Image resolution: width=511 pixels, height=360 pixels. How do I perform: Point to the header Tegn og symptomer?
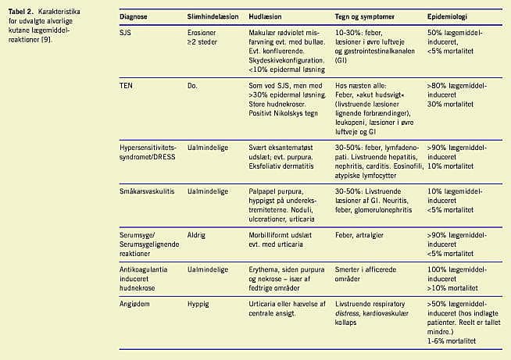click(x=365, y=16)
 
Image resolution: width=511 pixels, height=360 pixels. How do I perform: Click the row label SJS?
click(x=126, y=34)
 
